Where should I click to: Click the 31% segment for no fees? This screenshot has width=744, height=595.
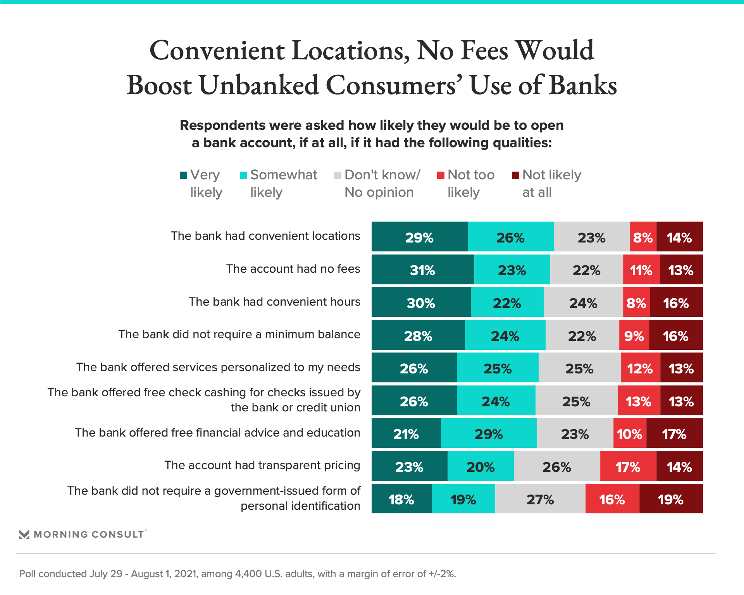pyautogui.click(x=422, y=270)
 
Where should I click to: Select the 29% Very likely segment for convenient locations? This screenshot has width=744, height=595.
pyautogui.click(x=419, y=237)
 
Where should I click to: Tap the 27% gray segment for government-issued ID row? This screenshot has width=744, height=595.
pyautogui.click(x=540, y=499)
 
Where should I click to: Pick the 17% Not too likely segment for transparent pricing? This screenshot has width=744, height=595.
pyautogui.click(x=628, y=467)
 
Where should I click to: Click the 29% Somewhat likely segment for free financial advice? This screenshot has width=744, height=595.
pyautogui.click(x=489, y=434)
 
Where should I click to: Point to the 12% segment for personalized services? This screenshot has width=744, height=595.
pyautogui.click(x=640, y=368)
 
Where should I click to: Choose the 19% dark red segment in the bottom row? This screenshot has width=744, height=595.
pyautogui.click(x=671, y=499)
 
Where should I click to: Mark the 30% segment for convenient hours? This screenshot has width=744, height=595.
pyautogui.click(x=421, y=303)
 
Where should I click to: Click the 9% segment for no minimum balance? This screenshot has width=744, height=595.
pyautogui.click(x=634, y=336)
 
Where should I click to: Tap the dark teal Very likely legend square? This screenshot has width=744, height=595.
pyautogui.click(x=184, y=175)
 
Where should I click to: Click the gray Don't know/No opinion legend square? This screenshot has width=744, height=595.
pyautogui.click(x=338, y=175)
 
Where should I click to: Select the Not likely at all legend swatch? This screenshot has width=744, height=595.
pyautogui.click(x=515, y=175)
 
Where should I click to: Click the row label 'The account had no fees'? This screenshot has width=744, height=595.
pyautogui.click(x=293, y=269)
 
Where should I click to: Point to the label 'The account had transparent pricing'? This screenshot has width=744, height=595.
pyautogui.click(x=262, y=465)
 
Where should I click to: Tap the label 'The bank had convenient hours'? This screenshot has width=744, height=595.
pyautogui.click(x=274, y=302)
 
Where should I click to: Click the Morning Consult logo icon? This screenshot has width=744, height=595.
pyautogui.click(x=24, y=535)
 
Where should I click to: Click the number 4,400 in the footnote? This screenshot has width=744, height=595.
pyautogui.click(x=248, y=574)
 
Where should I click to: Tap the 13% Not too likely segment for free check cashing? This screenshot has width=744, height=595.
pyautogui.click(x=639, y=401)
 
